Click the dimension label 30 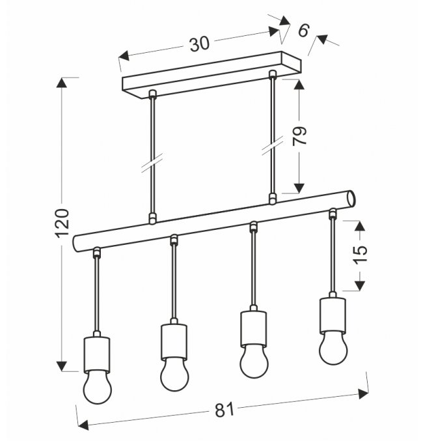pos(200,44)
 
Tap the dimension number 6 pos(303,30)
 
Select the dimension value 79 pos(299,136)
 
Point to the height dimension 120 pos(62,223)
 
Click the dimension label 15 pos(360,255)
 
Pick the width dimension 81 pos(225,410)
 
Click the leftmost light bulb pos(97,387)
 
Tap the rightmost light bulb pos(333,348)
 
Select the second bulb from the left pos(174,374)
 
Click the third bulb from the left pos(254,361)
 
